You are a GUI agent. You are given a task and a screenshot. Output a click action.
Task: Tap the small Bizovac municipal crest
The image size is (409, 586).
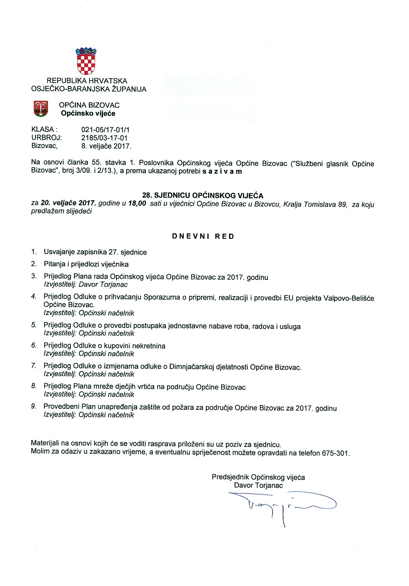(40, 109)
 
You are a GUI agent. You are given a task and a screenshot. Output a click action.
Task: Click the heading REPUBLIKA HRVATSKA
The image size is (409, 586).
(87, 81)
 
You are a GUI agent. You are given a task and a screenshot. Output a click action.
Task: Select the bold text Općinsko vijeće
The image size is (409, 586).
(88, 114)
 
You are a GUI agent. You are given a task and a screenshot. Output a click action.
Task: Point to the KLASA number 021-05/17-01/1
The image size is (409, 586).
(105, 130)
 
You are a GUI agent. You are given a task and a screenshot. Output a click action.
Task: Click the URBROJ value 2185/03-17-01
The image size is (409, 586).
(104, 138)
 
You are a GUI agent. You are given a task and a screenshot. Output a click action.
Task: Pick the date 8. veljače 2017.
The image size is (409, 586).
(106, 146)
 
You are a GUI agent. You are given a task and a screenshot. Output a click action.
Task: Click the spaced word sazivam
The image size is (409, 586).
(222, 171)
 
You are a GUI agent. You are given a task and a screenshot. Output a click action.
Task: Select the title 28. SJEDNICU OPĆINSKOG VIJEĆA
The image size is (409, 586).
(202, 196)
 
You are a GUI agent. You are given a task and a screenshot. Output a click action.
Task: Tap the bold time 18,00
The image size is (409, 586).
(137, 204)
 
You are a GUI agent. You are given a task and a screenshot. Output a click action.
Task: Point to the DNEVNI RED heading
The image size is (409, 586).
(203, 236)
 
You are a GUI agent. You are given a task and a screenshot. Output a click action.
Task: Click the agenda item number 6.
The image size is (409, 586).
(34, 346)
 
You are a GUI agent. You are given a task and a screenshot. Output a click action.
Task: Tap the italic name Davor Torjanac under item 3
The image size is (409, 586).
(103, 285)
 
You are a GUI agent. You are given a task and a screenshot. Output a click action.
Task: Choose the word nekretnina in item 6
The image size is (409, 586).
(149, 346)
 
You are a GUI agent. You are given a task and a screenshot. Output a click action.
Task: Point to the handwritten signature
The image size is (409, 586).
(282, 505)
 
